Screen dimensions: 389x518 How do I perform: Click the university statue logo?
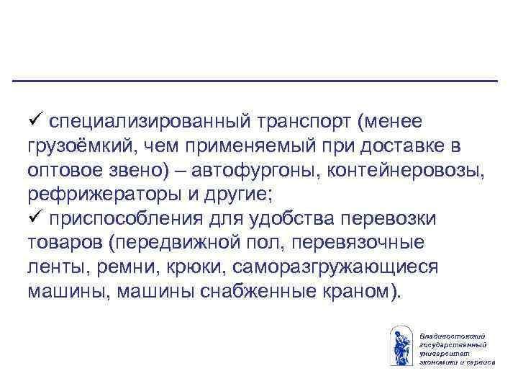coord(400,346)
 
